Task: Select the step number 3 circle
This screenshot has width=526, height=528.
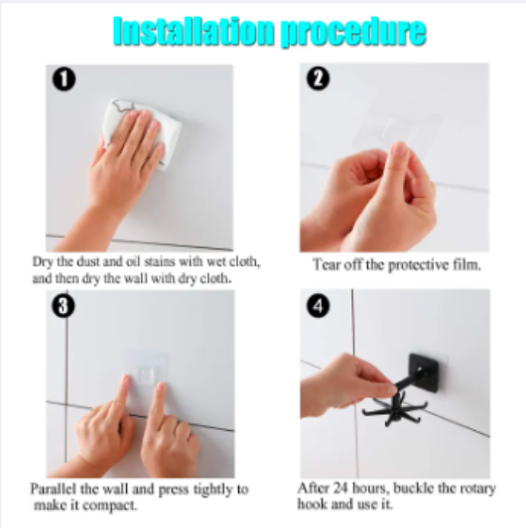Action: [x=63, y=305]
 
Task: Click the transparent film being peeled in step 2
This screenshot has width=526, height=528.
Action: [x=397, y=134]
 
